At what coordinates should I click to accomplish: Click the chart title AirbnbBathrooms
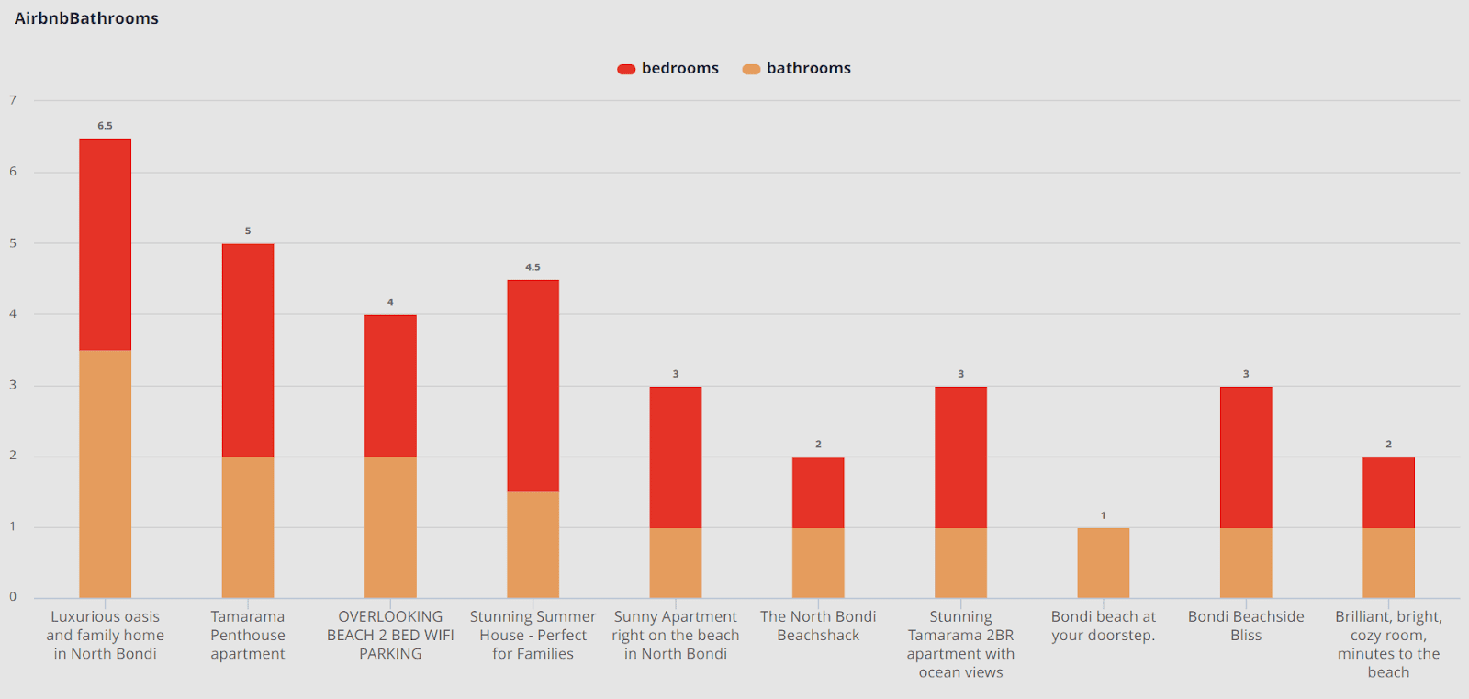86,18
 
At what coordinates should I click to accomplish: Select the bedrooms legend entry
668,69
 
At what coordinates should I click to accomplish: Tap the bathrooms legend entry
797,69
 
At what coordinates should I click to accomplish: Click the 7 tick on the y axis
13,100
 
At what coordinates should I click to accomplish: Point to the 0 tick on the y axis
13,597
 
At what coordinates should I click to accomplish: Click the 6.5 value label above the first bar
105,126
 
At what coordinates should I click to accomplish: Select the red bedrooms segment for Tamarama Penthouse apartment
248,350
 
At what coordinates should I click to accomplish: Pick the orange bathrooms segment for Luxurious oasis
105,474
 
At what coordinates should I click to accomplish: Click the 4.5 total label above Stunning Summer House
533,267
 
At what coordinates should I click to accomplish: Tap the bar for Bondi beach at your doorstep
1103,563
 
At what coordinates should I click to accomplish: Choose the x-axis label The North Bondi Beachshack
818,626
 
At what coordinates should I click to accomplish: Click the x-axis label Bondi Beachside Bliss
1246,626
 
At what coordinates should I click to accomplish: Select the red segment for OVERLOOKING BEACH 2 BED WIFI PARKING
390,386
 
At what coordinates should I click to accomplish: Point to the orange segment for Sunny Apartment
676,563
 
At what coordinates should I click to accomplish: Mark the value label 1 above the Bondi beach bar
1103,515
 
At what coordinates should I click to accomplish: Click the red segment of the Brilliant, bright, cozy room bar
1388,492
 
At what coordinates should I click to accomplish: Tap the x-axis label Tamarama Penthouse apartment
248,635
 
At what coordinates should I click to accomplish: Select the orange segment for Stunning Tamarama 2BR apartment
960,563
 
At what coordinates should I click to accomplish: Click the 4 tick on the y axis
13,314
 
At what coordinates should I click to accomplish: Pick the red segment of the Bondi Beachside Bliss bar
1246,457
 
